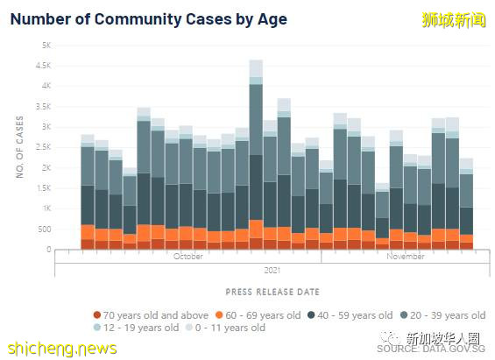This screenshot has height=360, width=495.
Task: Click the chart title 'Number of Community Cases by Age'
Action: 148,18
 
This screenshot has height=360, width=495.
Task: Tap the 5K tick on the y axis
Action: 47,45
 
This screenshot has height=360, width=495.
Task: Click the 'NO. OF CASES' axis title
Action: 20,147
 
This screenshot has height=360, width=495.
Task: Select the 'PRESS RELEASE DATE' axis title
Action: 272,292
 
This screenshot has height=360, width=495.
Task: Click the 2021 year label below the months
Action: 272,270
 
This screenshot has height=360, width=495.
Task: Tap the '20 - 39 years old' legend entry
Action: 444,315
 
